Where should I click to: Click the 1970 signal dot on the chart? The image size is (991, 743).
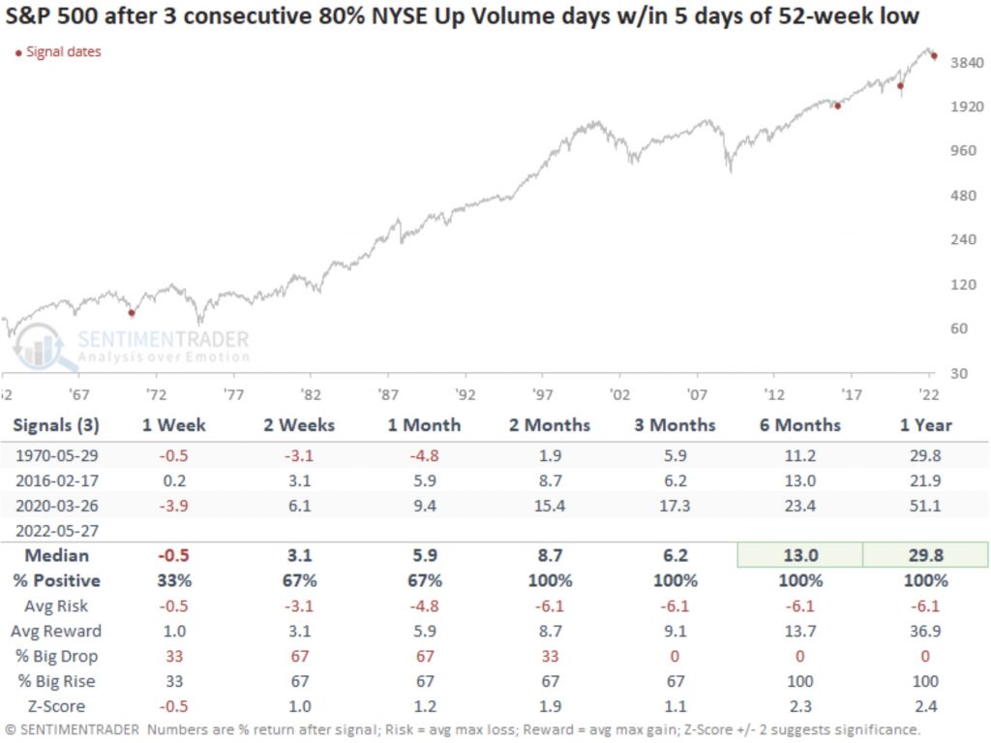132,313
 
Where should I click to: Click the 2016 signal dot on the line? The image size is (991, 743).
837,106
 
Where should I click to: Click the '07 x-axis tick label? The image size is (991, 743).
697,394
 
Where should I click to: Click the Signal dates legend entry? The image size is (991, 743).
59,51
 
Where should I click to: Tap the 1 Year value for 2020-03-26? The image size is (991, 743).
926,504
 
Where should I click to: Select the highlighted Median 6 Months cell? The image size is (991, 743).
801,556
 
